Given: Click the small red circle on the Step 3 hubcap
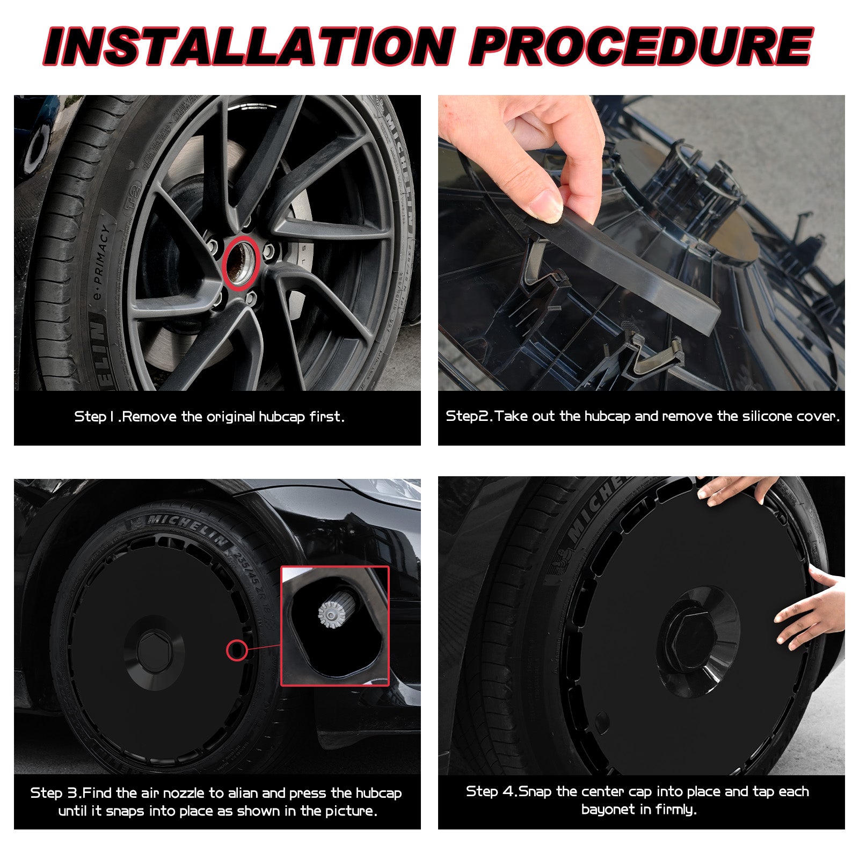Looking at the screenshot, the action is [x=237, y=651].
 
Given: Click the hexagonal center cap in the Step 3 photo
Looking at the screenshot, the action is [x=154, y=650].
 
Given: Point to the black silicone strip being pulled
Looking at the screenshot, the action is [x=617, y=263].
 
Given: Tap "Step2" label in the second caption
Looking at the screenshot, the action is [x=469, y=416].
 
